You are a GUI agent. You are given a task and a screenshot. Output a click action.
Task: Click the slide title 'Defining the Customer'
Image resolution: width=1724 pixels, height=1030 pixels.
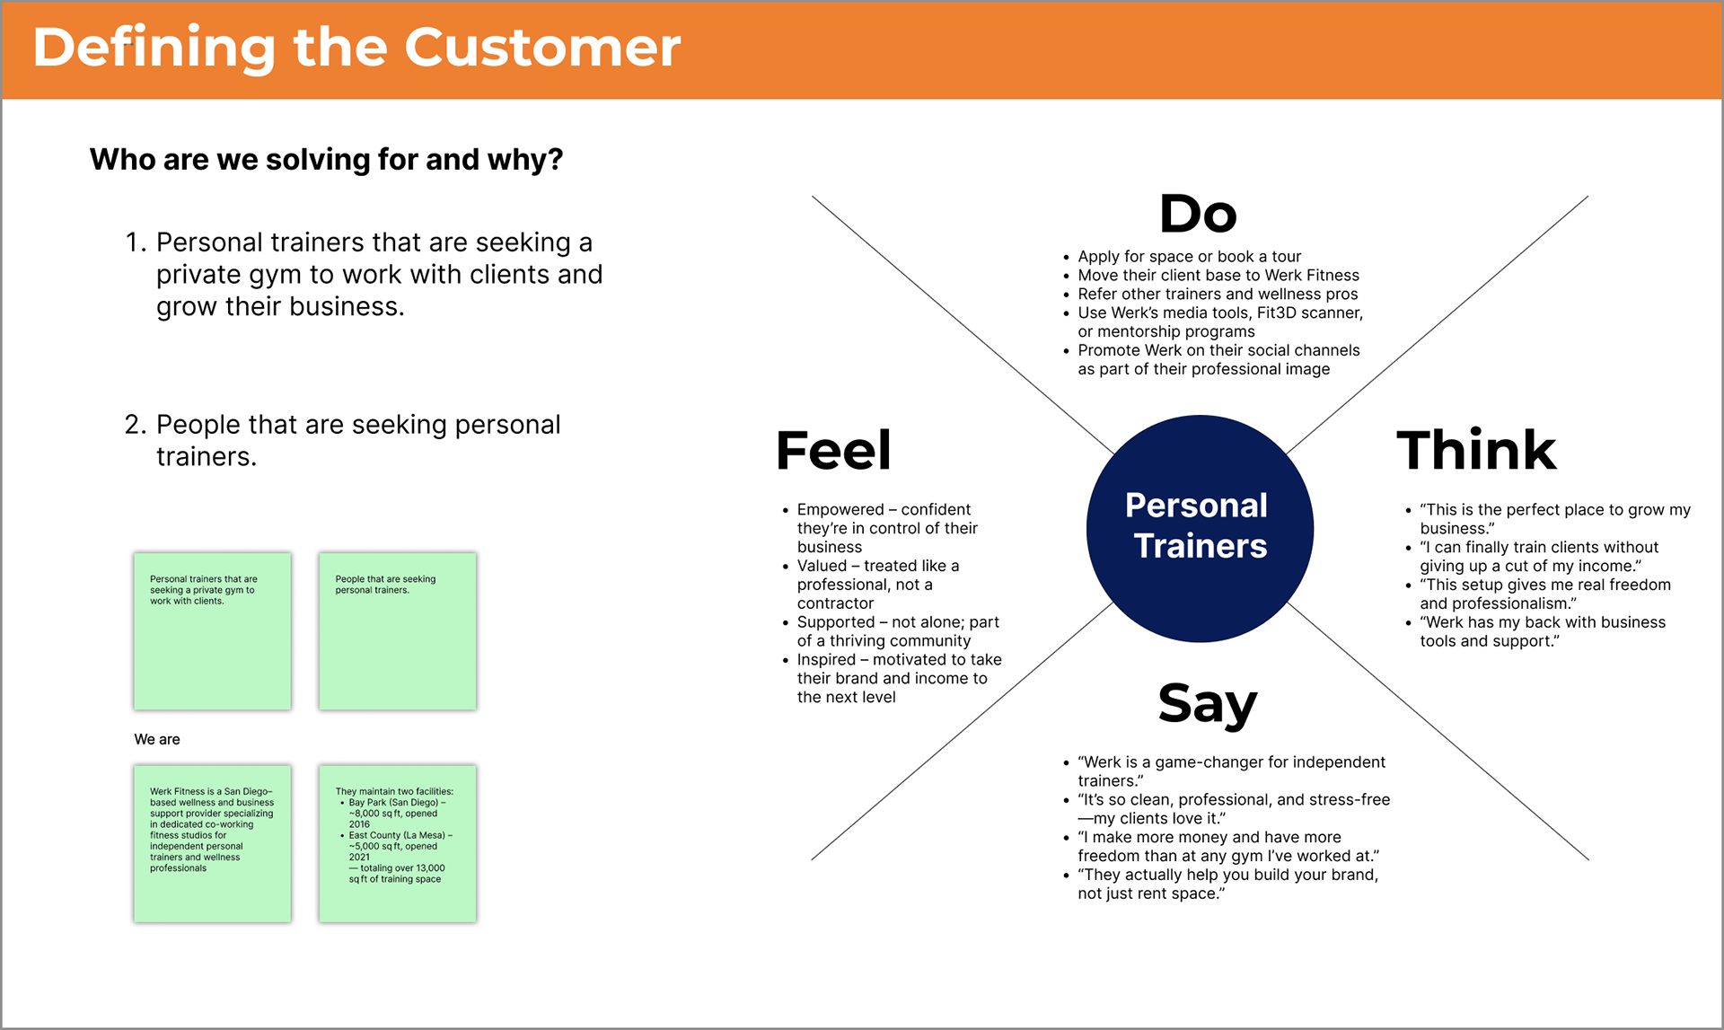[x=356, y=48]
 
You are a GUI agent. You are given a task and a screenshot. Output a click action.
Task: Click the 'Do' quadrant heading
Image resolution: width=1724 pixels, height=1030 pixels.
[x=1198, y=214]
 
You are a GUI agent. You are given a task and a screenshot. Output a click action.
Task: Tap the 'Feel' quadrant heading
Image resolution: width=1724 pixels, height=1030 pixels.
[x=833, y=450]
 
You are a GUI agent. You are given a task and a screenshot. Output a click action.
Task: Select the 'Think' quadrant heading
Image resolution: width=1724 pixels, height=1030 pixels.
[x=1476, y=450]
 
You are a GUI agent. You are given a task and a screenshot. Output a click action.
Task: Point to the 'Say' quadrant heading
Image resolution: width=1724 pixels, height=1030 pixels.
[x=1208, y=705]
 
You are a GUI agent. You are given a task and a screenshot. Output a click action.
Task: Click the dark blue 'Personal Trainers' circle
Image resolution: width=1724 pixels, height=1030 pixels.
[x=1200, y=528]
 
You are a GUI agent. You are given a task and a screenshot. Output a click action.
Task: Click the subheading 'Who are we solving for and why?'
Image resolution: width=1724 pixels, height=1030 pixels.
[x=327, y=160]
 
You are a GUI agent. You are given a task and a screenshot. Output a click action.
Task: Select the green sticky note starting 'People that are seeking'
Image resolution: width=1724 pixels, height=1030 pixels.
[x=398, y=631]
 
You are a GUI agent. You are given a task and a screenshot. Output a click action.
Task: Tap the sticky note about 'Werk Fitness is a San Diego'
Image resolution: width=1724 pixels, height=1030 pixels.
[x=213, y=843]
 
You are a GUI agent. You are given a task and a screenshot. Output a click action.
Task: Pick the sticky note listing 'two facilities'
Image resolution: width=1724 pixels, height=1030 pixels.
[x=398, y=843]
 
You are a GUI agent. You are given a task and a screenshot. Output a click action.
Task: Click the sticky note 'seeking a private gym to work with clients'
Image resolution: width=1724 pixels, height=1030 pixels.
[x=213, y=631]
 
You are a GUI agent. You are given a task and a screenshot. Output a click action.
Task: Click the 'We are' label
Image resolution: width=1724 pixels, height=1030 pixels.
[x=157, y=739]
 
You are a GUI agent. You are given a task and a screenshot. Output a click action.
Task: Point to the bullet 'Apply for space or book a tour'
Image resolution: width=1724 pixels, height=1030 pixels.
[x=1189, y=257]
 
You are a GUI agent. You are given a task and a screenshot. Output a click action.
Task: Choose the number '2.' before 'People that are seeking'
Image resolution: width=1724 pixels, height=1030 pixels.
[x=136, y=425]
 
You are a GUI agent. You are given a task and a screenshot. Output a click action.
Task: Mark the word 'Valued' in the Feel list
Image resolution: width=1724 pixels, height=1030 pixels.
[x=822, y=566]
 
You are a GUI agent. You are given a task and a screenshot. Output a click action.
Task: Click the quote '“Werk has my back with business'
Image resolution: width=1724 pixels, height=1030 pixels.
[x=1543, y=622]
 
